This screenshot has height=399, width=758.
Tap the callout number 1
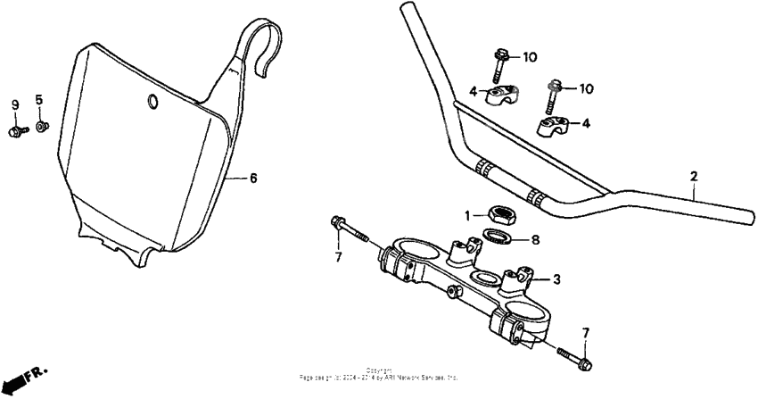[466, 214]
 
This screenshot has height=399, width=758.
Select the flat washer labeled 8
[498, 237]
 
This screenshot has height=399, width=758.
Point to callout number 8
[535, 239]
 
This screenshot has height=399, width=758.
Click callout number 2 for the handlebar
[693, 177]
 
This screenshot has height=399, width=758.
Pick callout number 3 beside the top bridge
[556, 279]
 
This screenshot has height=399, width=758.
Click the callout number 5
[39, 98]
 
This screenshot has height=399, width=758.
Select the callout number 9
[15, 105]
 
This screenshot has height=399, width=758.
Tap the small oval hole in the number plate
[153, 102]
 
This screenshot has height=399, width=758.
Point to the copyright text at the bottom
[379, 376]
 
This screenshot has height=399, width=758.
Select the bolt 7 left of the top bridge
[350, 229]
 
